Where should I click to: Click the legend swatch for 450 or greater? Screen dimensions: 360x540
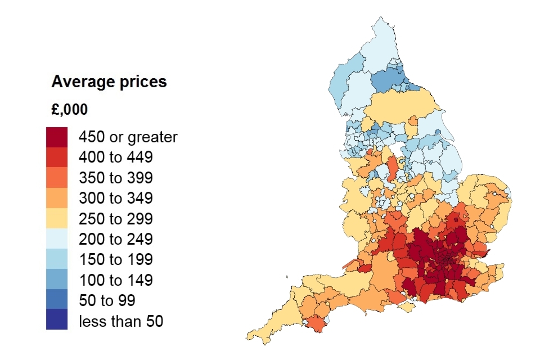pos(57,137)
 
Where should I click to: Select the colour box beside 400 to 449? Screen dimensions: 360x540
pos(57,157)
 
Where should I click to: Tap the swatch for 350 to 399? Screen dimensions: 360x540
pos(57,178)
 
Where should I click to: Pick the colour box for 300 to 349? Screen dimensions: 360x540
pos(57,198)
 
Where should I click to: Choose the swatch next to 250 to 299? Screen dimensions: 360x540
pos(57,218)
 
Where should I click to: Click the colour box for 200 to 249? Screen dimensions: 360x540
pos(57,239)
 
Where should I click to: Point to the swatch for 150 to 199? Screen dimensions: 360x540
pos(57,259)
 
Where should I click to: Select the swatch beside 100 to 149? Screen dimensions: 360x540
pos(57,280)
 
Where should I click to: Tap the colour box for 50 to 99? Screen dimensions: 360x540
pos(57,300)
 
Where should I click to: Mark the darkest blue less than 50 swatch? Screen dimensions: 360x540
pos(57,319)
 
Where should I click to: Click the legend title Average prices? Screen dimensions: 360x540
pos(109,82)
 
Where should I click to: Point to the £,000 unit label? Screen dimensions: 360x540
pos(69,110)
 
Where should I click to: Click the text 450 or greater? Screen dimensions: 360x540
pos(128,137)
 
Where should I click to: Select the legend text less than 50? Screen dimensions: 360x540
pos(120,322)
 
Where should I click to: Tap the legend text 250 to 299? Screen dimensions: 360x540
pos(115,219)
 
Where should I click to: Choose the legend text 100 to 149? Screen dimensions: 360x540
pos(115,280)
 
